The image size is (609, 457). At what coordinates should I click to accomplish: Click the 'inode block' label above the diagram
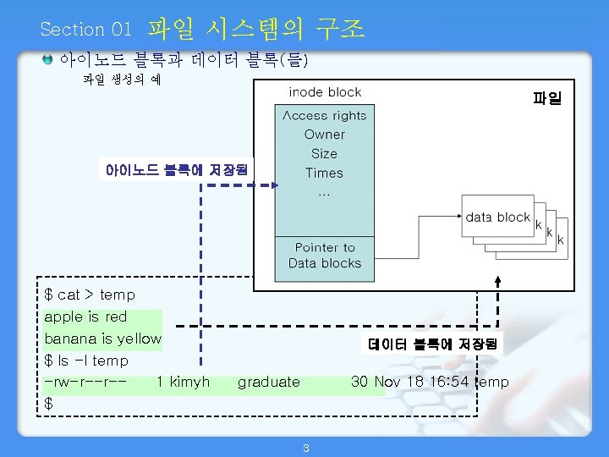pyautogui.click(x=325, y=92)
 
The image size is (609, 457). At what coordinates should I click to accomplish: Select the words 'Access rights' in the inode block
pyautogui.click(x=325, y=116)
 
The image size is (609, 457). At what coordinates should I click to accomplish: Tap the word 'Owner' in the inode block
pyautogui.click(x=325, y=135)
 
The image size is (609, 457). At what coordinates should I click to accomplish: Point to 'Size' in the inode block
pyautogui.click(x=324, y=154)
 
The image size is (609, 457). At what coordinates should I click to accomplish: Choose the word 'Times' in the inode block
pyautogui.click(x=325, y=173)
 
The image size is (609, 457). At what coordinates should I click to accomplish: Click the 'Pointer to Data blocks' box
pyautogui.click(x=325, y=256)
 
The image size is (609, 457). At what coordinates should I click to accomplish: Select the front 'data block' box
pyautogui.click(x=497, y=217)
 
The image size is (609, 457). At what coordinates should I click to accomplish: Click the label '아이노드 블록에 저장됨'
pyautogui.click(x=176, y=169)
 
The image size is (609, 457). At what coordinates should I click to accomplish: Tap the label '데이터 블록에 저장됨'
pyautogui.click(x=434, y=344)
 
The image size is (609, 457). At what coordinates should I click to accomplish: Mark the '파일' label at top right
pyautogui.click(x=546, y=99)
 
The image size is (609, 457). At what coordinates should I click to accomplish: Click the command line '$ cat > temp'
pyautogui.click(x=90, y=295)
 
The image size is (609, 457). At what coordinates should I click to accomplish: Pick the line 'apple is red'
pyautogui.click(x=85, y=317)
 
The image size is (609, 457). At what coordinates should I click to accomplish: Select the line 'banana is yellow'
pyautogui.click(x=102, y=339)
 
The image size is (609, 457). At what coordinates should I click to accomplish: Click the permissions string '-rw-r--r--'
pyautogui.click(x=85, y=383)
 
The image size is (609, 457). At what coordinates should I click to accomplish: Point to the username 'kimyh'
pyautogui.click(x=189, y=383)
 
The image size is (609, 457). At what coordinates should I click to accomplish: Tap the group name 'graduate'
pyautogui.click(x=268, y=383)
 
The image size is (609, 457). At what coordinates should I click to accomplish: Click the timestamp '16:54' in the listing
pyautogui.click(x=449, y=383)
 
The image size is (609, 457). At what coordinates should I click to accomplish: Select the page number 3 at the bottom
pyautogui.click(x=305, y=448)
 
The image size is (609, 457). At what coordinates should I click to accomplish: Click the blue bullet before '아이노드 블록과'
pyautogui.click(x=48, y=59)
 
